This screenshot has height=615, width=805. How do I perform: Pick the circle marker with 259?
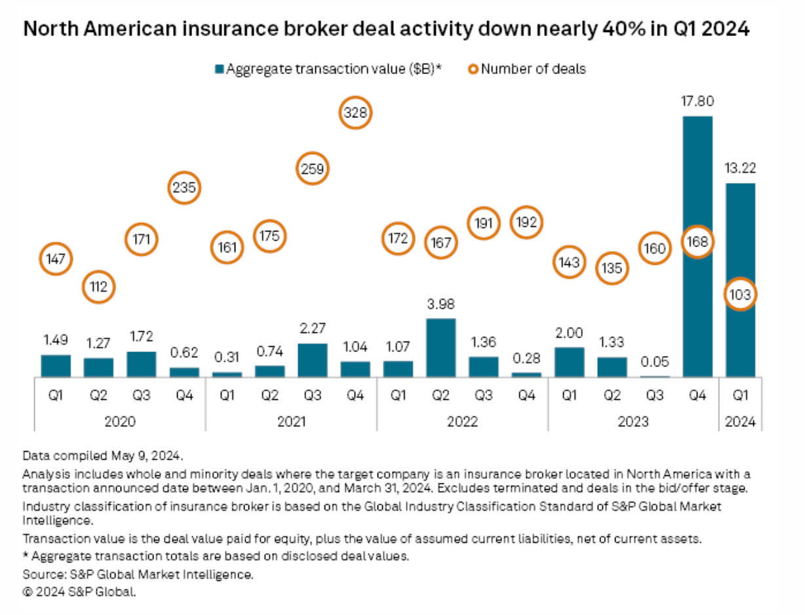(x=313, y=169)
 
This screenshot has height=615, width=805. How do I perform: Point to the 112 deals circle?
(x=99, y=286)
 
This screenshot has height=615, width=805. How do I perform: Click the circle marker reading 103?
(x=740, y=294)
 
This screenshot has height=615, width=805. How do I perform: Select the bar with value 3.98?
(x=441, y=347)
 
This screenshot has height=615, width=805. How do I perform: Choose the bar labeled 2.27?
(x=313, y=360)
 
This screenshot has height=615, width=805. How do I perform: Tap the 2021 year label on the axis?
(x=291, y=421)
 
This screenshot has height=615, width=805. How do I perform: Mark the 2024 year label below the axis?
(x=740, y=421)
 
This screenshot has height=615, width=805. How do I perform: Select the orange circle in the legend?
(x=475, y=69)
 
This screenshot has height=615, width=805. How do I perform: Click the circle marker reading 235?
(x=184, y=188)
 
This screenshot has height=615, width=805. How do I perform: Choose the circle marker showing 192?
(x=526, y=222)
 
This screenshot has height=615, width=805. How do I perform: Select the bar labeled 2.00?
(x=569, y=362)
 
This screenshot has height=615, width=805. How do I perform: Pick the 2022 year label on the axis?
(x=462, y=421)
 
